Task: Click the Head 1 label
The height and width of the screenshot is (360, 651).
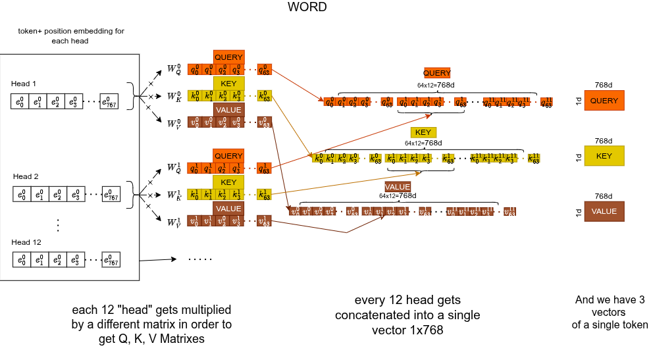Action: coord(24,84)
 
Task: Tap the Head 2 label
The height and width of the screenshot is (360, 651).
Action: coord(26,176)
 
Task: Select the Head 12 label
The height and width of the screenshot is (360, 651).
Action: coord(26,242)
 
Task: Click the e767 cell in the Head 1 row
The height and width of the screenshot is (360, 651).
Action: coord(109,101)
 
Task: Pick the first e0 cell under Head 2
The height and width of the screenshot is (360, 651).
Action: coord(22,194)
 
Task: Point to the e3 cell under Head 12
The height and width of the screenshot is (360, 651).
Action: coord(76,259)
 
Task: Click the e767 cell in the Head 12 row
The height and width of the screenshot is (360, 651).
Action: coord(111,259)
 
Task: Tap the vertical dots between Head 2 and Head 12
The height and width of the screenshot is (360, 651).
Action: coord(58,225)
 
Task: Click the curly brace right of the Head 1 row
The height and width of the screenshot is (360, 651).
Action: coord(134,96)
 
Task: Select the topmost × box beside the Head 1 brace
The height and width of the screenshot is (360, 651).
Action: coord(151,84)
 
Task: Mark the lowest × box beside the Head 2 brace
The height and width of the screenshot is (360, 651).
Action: coord(148,207)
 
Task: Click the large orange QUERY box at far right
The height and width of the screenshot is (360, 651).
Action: coord(604,101)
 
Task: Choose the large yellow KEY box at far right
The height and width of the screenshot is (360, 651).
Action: coord(604,156)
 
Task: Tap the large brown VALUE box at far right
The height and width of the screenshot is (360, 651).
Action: coord(604,211)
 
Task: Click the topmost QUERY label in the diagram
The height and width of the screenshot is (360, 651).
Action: coord(228,57)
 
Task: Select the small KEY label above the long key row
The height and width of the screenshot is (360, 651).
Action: coord(423,132)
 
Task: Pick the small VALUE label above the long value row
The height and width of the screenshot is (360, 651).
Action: coord(398,187)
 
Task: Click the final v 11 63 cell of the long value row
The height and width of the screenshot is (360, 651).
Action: coord(509,211)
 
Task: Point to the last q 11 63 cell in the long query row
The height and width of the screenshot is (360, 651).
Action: coord(546,102)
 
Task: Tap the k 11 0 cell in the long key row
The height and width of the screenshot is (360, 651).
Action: coord(475,158)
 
